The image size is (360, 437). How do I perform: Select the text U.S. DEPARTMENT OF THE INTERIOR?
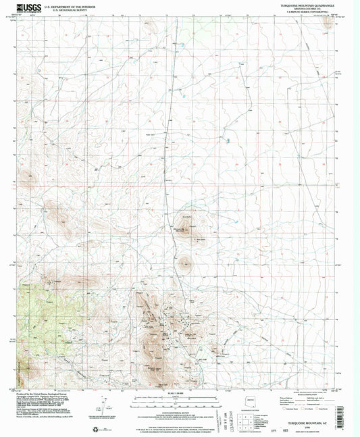[x=68, y=5]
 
